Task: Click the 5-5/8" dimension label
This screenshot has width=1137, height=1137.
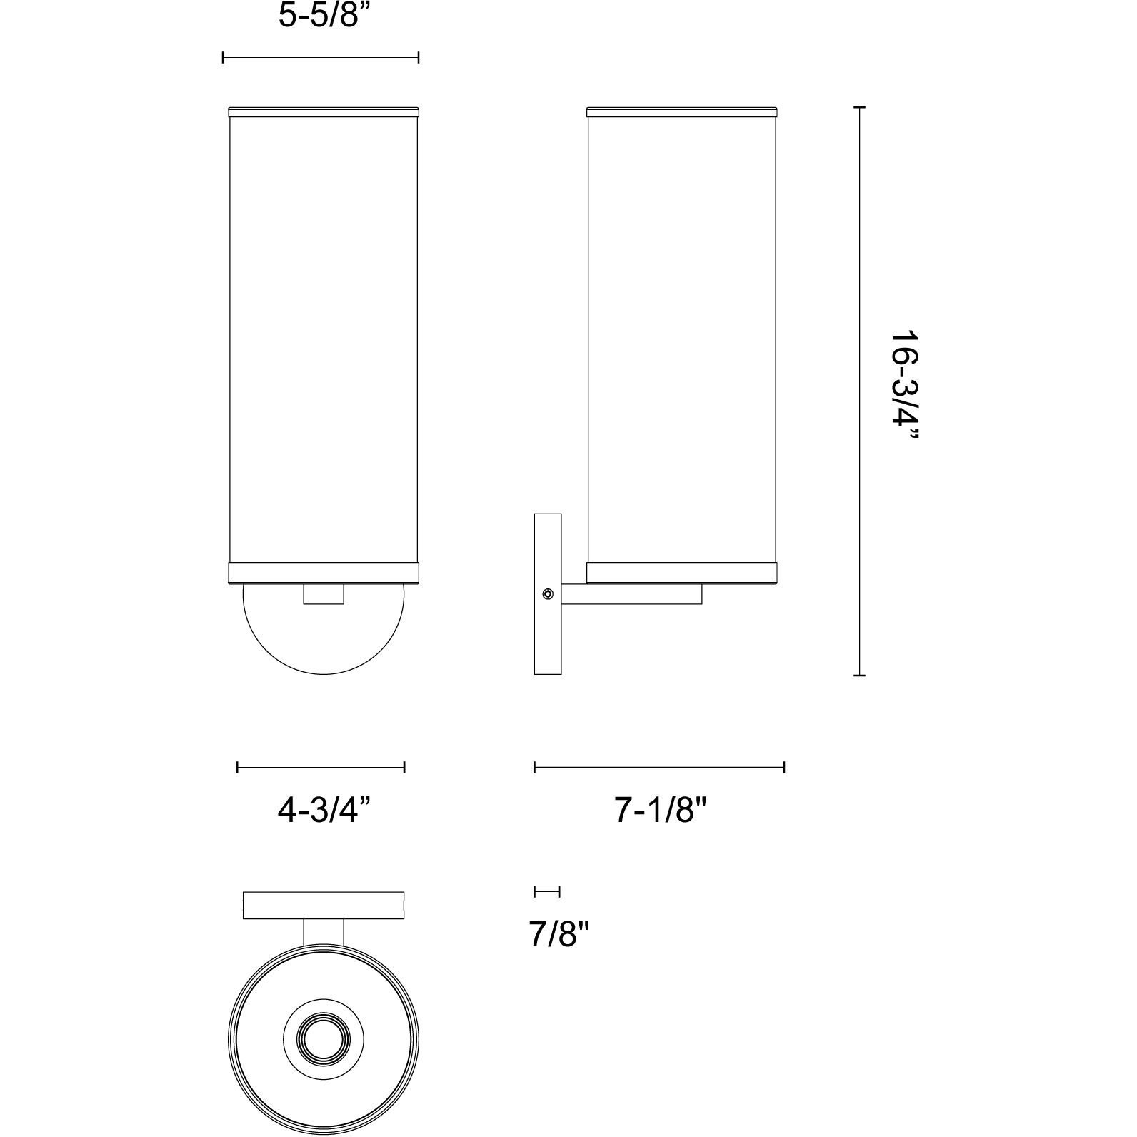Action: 318,16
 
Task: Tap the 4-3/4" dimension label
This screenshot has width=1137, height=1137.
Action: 324,811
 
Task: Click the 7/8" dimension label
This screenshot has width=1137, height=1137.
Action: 558,934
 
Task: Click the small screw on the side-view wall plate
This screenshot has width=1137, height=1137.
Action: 547,593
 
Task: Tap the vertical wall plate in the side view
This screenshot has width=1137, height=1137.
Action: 548,593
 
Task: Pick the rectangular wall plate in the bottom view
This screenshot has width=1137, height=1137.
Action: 324,905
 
